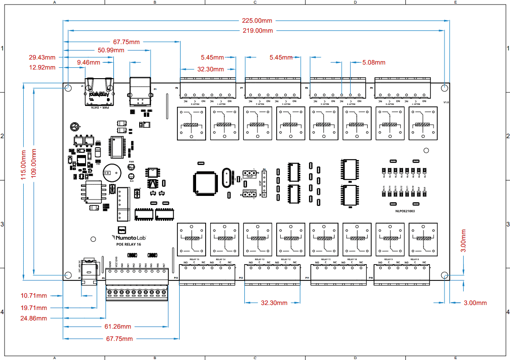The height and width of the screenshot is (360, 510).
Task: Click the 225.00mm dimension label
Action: point(258,20)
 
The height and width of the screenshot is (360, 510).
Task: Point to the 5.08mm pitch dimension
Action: point(374,62)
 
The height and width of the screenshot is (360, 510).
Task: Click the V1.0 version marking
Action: point(446,103)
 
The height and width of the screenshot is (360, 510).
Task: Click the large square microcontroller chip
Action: point(202,181)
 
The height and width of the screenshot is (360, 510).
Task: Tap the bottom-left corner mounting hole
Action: point(68,275)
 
